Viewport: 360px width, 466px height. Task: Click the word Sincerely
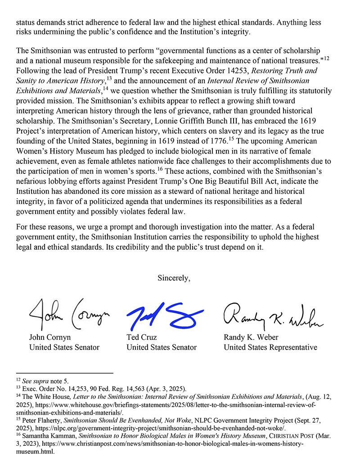[174, 278]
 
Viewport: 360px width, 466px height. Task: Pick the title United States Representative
[270, 347]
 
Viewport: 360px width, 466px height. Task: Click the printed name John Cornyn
[50, 337]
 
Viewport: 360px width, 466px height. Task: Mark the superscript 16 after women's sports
[160, 169]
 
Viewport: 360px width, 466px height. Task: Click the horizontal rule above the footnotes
[64, 373]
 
